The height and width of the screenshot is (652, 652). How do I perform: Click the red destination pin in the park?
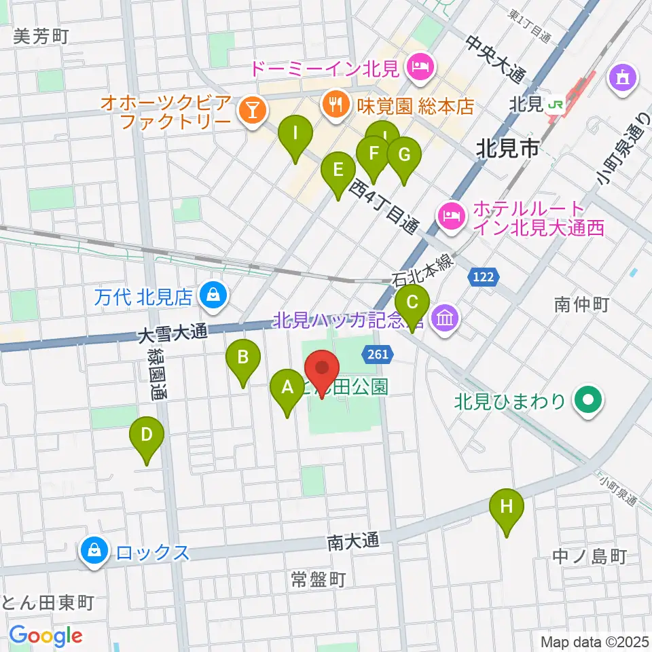(x=322, y=371)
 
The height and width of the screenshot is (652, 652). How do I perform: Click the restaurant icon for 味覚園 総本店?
(x=333, y=103)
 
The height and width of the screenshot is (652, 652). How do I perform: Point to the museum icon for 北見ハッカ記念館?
(x=446, y=317)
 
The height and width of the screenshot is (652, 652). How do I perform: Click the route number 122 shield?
(x=484, y=276)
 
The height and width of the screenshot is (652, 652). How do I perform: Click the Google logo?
(x=46, y=635)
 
